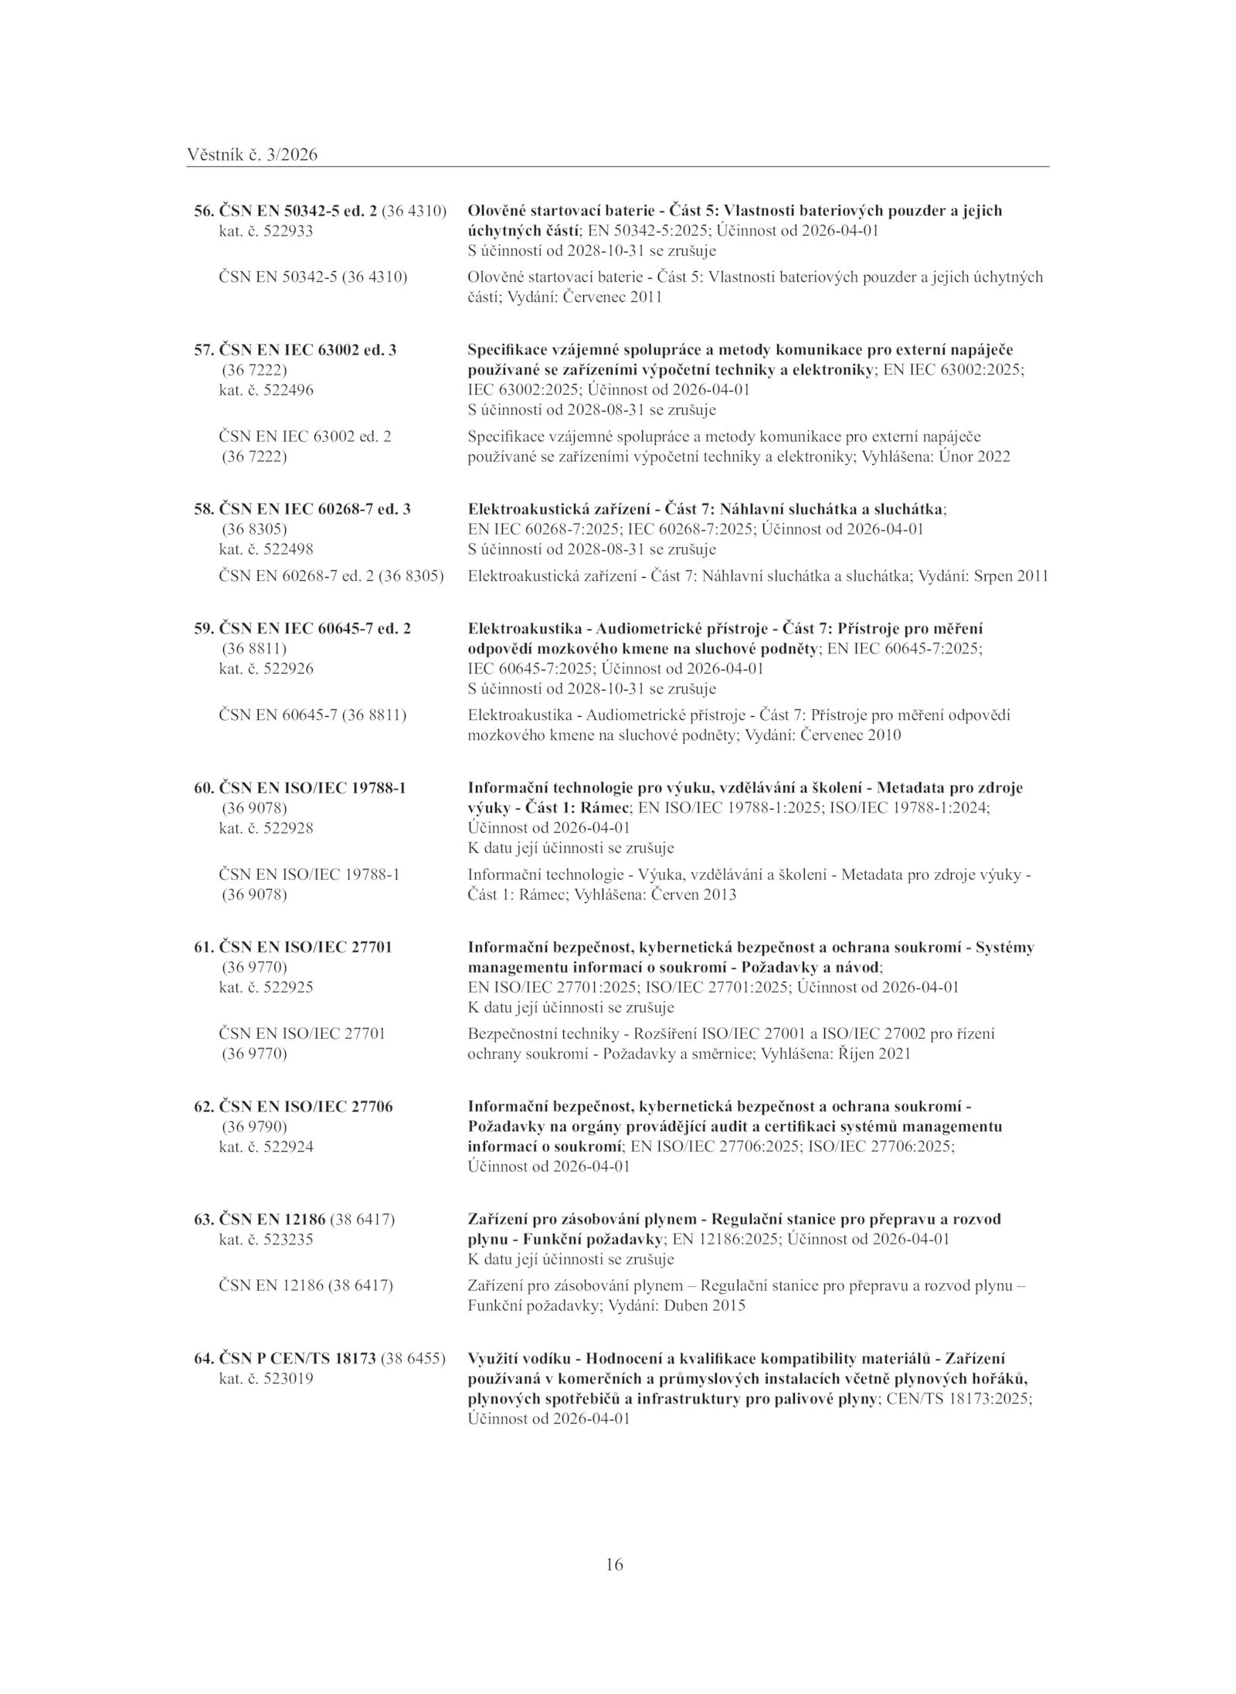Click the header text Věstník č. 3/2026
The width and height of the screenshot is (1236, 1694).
[x=252, y=155]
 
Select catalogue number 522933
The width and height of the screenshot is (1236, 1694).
[x=288, y=231]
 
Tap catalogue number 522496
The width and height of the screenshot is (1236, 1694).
[x=288, y=390]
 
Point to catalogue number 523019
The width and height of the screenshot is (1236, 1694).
[x=288, y=1378]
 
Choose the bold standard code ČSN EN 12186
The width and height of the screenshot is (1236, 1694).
[x=273, y=1219]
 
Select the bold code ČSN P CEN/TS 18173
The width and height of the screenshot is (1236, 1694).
[x=297, y=1358]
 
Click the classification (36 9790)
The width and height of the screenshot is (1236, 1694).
[x=254, y=1126]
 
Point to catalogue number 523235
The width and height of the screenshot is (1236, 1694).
[x=288, y=1239]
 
